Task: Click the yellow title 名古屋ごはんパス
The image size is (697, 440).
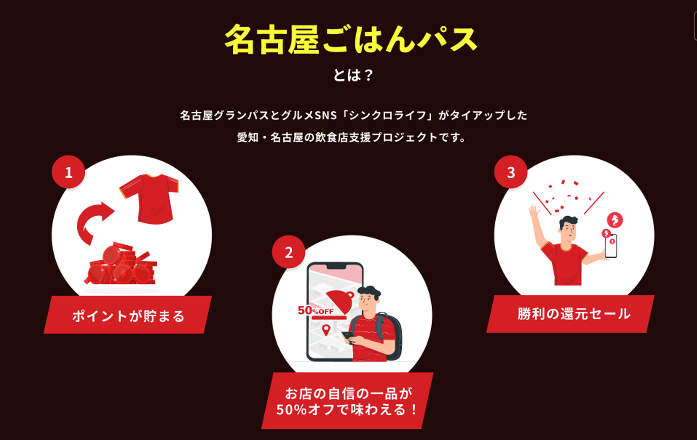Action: tap(350, 40)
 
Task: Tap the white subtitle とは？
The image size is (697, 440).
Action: tap(353, 75)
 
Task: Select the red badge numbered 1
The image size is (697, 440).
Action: tap(68, 172)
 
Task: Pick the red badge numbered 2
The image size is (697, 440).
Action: tap(288, 252)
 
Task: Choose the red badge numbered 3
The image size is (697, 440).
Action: tap(511, 172)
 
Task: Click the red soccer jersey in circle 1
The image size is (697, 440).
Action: tap(150, 199)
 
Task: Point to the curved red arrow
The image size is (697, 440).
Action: tap(93, 222)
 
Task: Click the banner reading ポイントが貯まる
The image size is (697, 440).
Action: tap(128, 315)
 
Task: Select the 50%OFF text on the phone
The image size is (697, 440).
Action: tap(316, 310)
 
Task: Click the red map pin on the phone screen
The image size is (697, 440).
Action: tap(326, 330)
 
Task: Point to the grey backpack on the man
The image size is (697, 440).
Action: tap(390, 336)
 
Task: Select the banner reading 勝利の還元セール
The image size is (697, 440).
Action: tap(574, 314)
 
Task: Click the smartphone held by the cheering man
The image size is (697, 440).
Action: tap(611, 246)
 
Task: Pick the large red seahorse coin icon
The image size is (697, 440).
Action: tap(615, 220)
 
